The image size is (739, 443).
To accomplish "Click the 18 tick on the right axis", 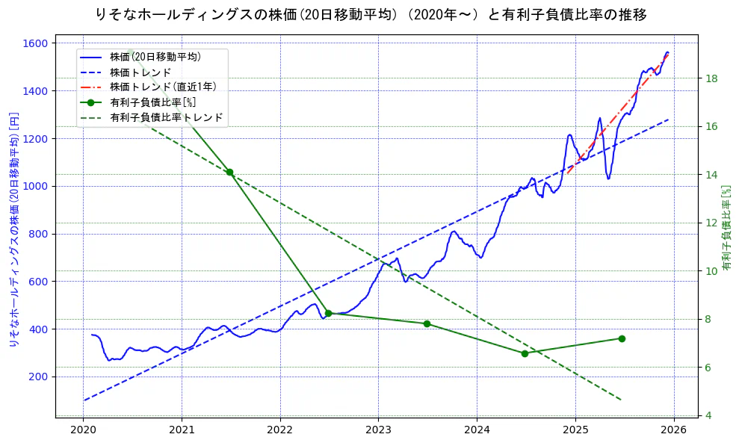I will [712, 78].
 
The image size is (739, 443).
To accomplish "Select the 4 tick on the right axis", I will [709, 415].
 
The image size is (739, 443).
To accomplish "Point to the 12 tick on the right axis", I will [712, 223].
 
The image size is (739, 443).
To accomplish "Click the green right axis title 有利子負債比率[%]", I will [726, 227].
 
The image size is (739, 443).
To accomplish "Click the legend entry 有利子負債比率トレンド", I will [166, 117].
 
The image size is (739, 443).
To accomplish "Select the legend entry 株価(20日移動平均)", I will [155, 56].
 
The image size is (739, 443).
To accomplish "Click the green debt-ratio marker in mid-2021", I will [229, 173].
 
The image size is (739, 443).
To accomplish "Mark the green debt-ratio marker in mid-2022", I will [328, 313].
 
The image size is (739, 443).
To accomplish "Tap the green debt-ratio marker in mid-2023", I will [427, 323].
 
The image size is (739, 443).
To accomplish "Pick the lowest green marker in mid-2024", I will [525, 353].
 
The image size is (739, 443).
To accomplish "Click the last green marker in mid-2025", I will [622, 338].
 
